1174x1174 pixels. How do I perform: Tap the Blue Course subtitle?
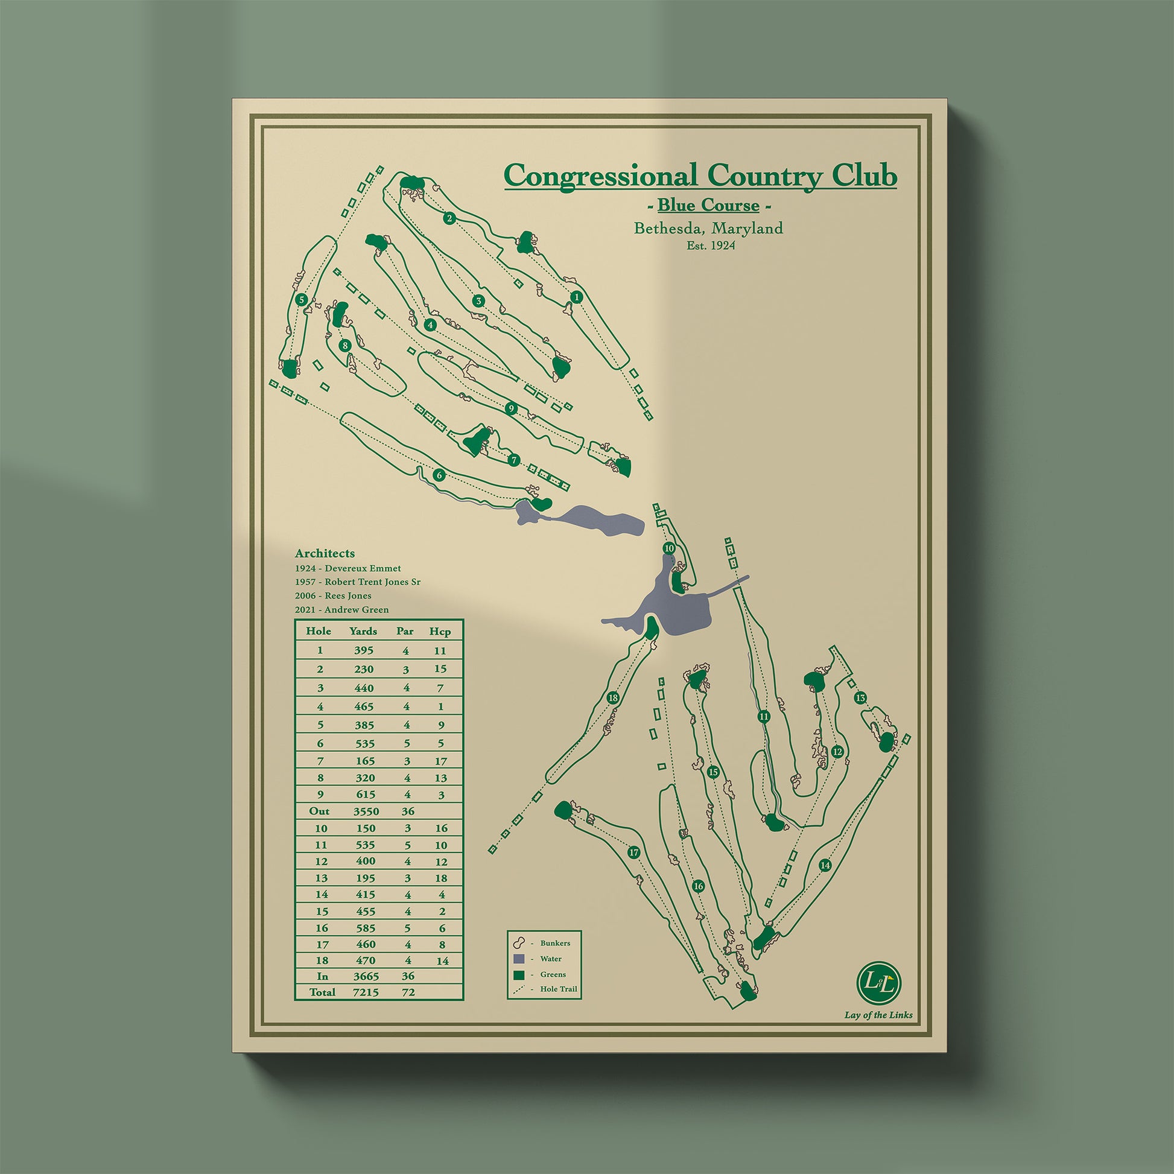tap(708, 205)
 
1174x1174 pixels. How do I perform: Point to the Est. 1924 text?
tap(708, 246)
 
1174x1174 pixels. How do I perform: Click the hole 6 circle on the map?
tap(439, 475)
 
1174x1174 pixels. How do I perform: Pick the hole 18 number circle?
tap(612, 698)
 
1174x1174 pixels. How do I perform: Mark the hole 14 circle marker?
tap(825, 866)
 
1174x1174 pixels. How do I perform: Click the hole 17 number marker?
tap(634, 853)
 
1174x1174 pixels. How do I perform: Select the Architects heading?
tap(325, 554)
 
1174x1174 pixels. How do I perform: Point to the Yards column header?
tap(363, 632)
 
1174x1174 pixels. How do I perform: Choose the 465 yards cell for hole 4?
tap(364, 706)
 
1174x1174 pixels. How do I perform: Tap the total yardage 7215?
tap(364, 992)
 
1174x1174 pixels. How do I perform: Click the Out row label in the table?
tap(319, 811)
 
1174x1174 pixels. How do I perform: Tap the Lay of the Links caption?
tap(878, 1015)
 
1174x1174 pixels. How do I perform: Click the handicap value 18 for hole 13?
tap(441, 878)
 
